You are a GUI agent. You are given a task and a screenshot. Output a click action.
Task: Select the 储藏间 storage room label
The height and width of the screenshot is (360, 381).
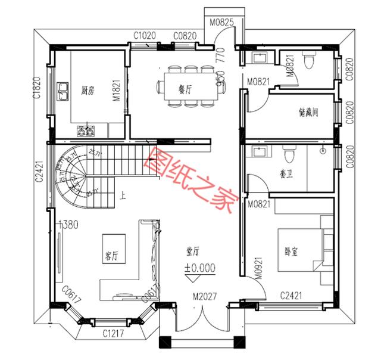click(x=307, y=112)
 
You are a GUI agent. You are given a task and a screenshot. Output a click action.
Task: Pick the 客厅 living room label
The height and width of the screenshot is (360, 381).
click(x=111, y=256)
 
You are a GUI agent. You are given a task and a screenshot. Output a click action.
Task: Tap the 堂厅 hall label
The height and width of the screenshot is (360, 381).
click(x=192, y=253)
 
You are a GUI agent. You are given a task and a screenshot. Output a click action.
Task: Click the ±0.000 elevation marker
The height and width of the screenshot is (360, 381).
click(x=199, y=269)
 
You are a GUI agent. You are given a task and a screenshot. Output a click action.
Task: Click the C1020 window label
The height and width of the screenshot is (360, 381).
click(x=145, y=36)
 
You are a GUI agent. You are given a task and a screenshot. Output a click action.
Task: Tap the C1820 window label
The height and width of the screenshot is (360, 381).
click(x=37, y=88)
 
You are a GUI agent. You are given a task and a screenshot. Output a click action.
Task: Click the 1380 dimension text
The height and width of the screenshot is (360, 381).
click(x=68, y=225)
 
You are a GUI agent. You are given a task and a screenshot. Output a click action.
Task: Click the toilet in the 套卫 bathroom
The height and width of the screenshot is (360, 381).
click(x=290, y=156)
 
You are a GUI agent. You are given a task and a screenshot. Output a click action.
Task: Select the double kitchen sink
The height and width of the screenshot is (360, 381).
click(x=63, y=91)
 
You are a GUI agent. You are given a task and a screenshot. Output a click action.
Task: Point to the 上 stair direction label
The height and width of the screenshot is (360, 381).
click(x=122, y=194)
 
